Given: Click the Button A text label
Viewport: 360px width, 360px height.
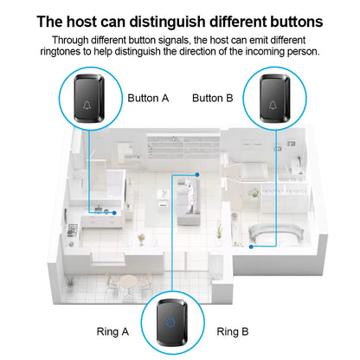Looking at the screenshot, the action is coord(148,98).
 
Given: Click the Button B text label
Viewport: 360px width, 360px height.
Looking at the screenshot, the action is coord(213,98).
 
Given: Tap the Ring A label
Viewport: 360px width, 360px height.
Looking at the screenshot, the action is coord(112,331).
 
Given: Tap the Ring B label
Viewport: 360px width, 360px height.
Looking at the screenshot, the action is coord(233,331).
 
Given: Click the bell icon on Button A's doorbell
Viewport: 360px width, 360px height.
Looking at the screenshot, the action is coord(87,106).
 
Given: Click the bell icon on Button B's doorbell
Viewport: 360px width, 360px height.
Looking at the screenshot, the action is coord(273,106).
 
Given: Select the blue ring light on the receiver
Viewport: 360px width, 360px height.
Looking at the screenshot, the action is coord(170,322).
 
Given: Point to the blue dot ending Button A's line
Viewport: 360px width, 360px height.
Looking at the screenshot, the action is coord(114,213).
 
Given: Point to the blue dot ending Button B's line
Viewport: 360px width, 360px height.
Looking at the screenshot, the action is coord(251,247).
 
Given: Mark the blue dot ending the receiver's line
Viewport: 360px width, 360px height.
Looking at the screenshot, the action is coord(197,175).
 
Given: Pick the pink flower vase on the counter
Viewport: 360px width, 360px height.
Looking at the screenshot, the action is coord(141,240).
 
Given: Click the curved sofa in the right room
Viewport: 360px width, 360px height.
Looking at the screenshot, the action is coord(276,232).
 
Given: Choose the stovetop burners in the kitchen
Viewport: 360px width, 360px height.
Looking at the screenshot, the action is coord(73,230).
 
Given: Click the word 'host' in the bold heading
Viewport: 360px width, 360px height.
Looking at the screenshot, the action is coord(82,22).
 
